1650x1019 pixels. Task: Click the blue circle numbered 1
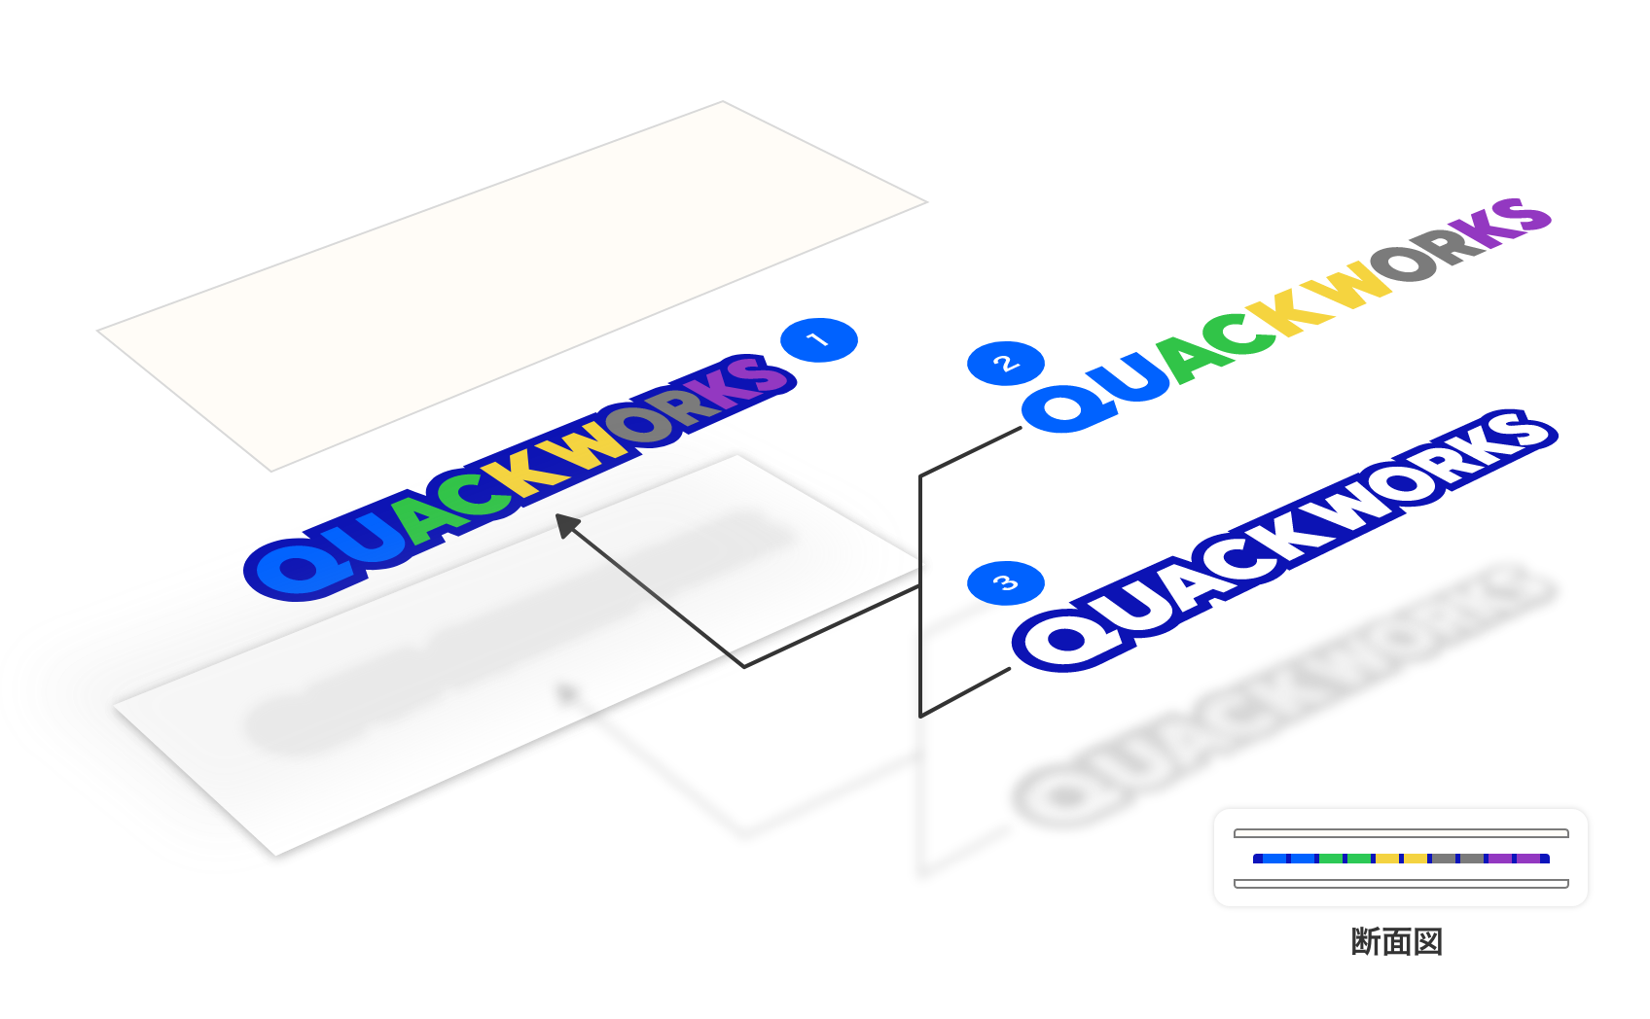point(819,340)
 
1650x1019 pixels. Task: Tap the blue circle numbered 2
point(1006,364)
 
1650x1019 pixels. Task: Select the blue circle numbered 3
point(1006,583)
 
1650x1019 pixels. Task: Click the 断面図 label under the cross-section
point(1397,941)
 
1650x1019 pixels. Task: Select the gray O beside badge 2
point(1407,262)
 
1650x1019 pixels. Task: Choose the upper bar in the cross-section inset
point(1401,833)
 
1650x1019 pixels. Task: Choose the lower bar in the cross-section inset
point(1401,884)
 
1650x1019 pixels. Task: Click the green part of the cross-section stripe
point(1345,859)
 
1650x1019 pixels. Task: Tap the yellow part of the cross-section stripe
point(1401,859)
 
